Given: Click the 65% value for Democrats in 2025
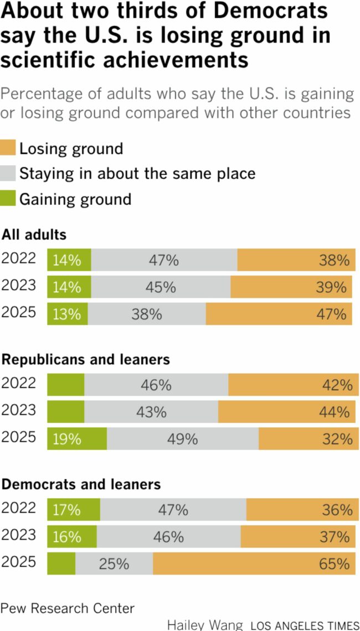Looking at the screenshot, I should click(335, 564).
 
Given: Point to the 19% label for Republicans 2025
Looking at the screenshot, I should click(67, 439).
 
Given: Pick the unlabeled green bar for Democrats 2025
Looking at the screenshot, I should click(61, 564).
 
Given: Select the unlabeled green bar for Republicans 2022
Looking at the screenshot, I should click(65, 385).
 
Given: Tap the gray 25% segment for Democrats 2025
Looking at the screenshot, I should click(114, 564).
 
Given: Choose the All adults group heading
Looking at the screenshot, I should click(34, 235).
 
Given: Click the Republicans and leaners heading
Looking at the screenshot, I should click(86, 360).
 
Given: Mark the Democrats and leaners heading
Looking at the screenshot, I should click(81, 484).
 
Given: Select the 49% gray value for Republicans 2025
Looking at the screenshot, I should click(183, 439).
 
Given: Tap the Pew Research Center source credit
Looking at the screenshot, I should click(68, 608).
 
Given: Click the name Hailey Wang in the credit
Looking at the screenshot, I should click(205, 625).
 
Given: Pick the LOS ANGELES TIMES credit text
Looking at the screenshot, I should click(305, 625).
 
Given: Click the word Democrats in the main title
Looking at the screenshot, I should click(269, 12).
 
